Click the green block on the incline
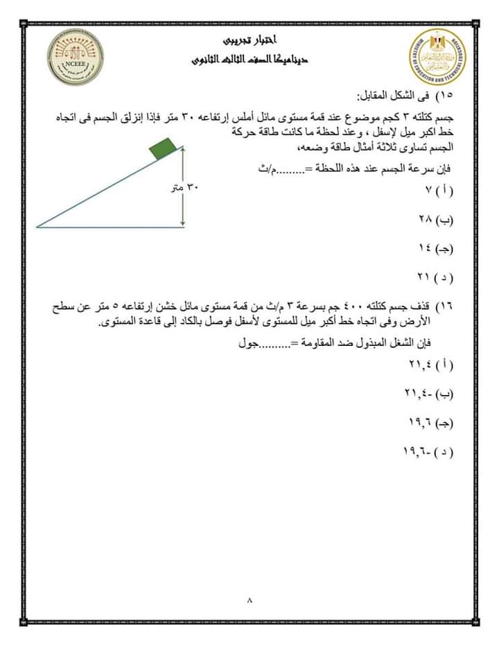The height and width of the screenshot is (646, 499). [162, 147]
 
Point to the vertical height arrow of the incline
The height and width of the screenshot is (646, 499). [184, 186]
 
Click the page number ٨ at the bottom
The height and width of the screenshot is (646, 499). [249, 600]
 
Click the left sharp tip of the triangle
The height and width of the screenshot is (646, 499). [37, 226]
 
